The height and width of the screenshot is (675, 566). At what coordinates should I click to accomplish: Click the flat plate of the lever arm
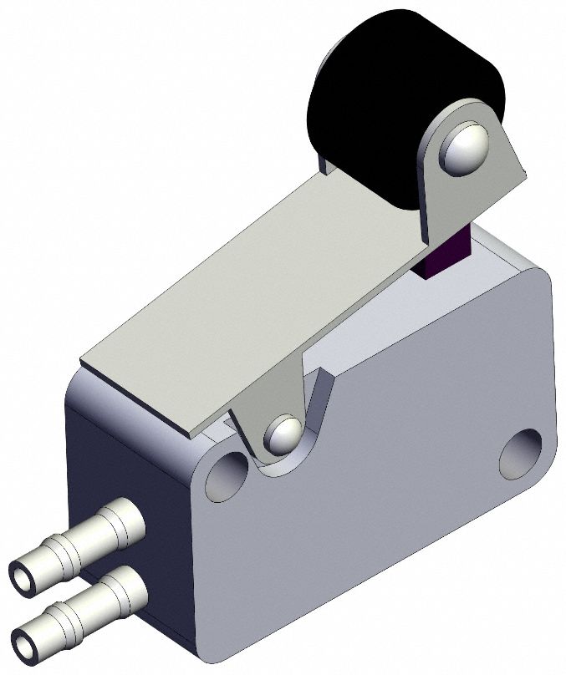[x=251, y=284]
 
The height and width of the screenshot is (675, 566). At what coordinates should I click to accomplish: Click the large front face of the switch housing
[x=376, y=518]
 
